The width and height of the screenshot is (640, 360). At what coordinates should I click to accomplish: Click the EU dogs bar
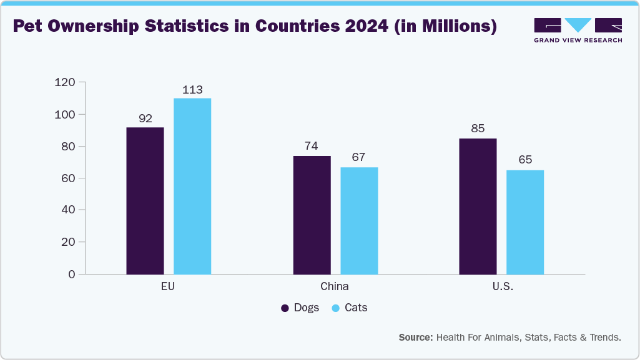145,200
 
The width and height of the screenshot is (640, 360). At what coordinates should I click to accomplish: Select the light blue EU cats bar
192,186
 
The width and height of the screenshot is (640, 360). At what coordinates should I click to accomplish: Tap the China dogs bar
312,215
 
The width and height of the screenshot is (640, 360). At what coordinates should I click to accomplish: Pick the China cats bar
359,220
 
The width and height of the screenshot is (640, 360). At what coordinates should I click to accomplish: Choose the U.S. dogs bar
478,206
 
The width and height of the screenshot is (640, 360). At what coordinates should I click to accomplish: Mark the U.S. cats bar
525,221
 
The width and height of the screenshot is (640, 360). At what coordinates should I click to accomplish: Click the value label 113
192,90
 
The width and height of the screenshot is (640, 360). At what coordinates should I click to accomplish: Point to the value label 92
145,119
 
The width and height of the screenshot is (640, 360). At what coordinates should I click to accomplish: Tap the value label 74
312,147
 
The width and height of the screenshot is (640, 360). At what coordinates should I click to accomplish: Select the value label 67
359,158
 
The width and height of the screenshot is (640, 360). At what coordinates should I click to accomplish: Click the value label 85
478,129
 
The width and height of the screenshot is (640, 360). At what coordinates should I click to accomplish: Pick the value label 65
525,160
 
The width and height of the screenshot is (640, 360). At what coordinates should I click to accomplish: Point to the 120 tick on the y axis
64,82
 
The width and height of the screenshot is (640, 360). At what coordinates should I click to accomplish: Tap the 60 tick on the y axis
67,178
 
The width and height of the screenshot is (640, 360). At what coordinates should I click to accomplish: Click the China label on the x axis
335,287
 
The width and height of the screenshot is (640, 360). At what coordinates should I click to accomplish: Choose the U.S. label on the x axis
501,287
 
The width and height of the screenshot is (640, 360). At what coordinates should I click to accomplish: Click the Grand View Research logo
578,30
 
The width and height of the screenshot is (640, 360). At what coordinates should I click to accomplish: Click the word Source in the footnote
416,338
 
